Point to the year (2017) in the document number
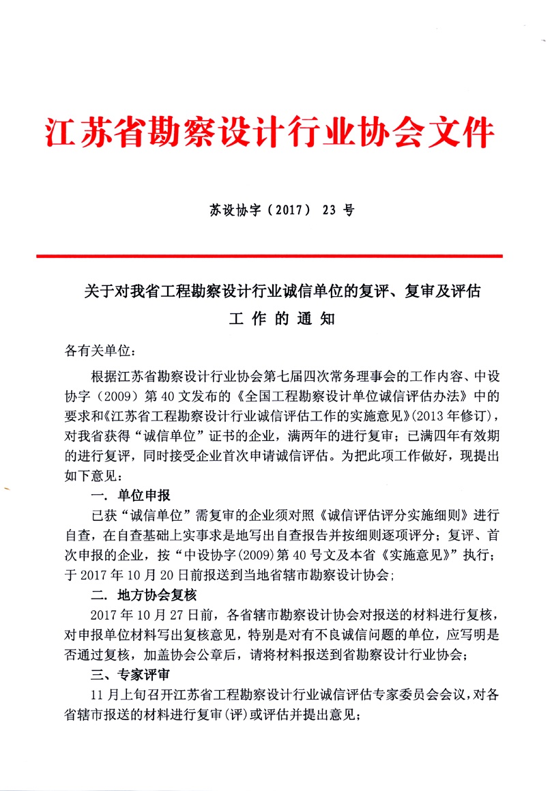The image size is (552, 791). click(280, 210)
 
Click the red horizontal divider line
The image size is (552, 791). click(270, 256)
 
